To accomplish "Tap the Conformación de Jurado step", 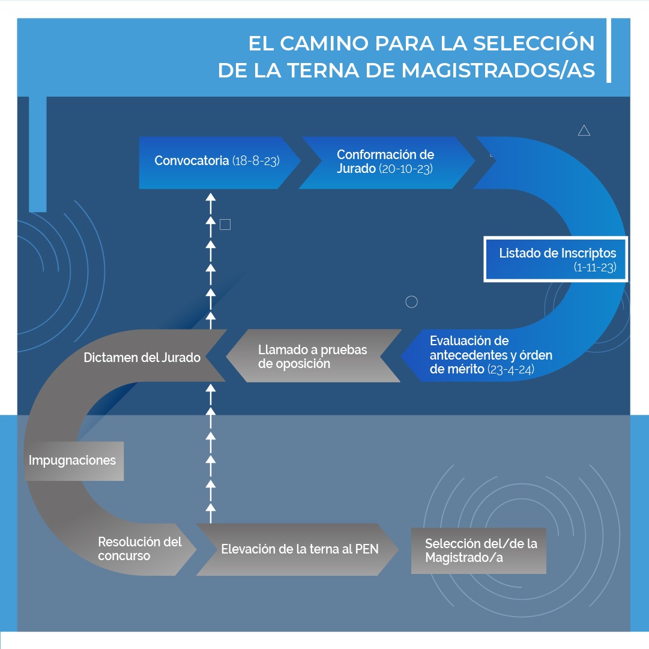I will click(x=385, y=162).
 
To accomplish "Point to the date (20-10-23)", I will click(x=405, y=169).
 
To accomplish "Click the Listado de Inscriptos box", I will click(x=556, y=259).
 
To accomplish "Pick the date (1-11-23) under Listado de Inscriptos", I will click(x=595, y=268).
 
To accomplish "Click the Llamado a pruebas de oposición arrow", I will click(x=312, y=356).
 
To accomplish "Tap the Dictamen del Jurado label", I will click(x=142, y=358).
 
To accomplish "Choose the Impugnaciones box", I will click(x=73, y=461).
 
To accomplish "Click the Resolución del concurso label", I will click(x=139, y=549).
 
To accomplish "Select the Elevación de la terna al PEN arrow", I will click(x=299, y=549).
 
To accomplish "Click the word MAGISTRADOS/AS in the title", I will click(x=498, y=70).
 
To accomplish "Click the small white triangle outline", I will click(x=584, y=130).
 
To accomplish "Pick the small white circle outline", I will click(x=411, y=302).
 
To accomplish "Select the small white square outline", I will click(x=225, y=225).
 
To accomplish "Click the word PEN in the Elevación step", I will click(x=367, y=549).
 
